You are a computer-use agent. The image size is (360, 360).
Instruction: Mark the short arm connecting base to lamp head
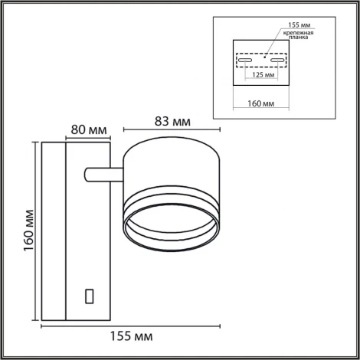tap(103, 175)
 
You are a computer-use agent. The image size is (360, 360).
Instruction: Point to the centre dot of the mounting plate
tap(262, 55)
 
